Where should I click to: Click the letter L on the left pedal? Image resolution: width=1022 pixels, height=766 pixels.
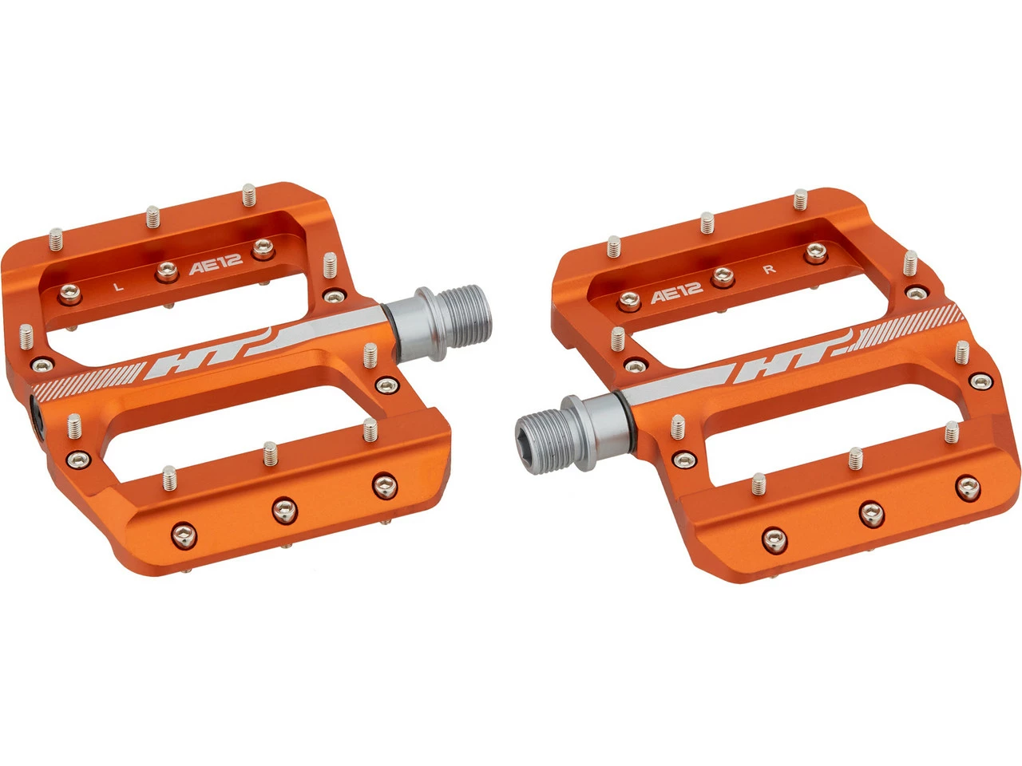[x=119, y=285]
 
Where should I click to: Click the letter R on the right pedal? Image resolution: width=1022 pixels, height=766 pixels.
[x=769, y=269]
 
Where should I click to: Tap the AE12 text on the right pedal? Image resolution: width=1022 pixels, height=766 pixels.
[x=676, y=294]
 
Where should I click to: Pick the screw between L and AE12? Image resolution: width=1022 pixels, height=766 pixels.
[x=166, y=272]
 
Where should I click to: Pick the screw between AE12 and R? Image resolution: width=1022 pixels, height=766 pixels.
[x=723, y=277]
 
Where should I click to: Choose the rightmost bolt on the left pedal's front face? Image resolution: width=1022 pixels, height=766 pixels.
[x=384, y=484]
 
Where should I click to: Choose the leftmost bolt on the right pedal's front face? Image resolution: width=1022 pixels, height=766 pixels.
[x=772, y=538]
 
